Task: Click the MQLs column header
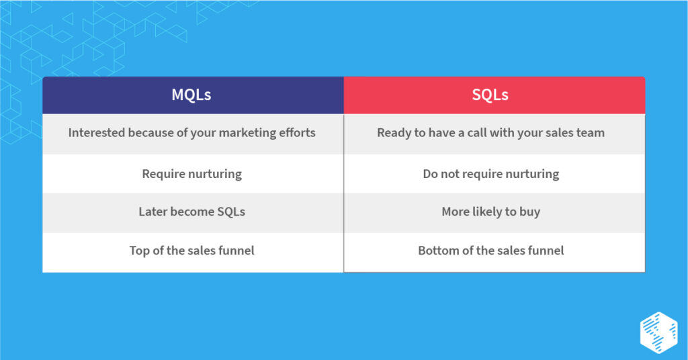tap(191, 95)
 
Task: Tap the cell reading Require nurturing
tap(191, 174)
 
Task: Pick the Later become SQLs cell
tap(191, 212)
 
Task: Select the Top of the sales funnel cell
tap(191, 251)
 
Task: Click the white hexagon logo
tap(658, 332)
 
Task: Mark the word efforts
tap(297, 132)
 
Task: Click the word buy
tap(529, 212)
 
